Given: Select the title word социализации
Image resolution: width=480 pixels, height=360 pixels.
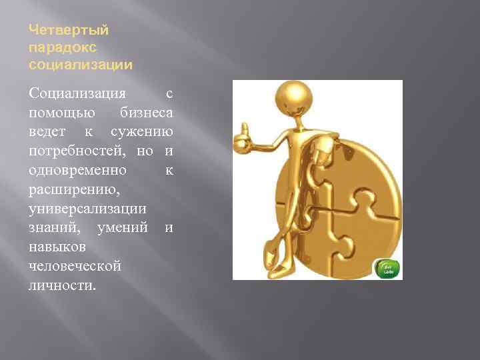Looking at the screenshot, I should (81, 65).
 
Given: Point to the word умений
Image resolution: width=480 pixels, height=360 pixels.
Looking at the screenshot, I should (122, 229).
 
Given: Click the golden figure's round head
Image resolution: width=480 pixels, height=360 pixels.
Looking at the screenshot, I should (293, 96).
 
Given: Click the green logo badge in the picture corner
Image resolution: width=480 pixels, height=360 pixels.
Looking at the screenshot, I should (386, 268).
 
